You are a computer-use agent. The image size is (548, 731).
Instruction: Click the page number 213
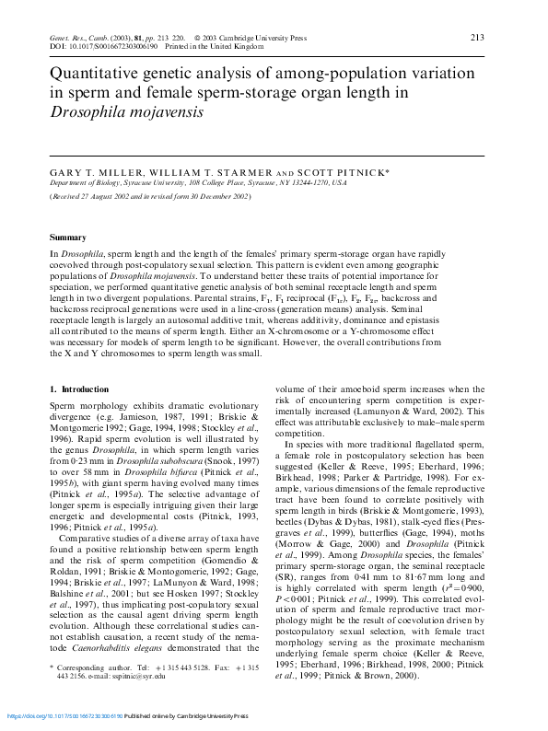point(477,37)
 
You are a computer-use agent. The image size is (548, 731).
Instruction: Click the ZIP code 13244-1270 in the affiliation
point(310,183)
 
